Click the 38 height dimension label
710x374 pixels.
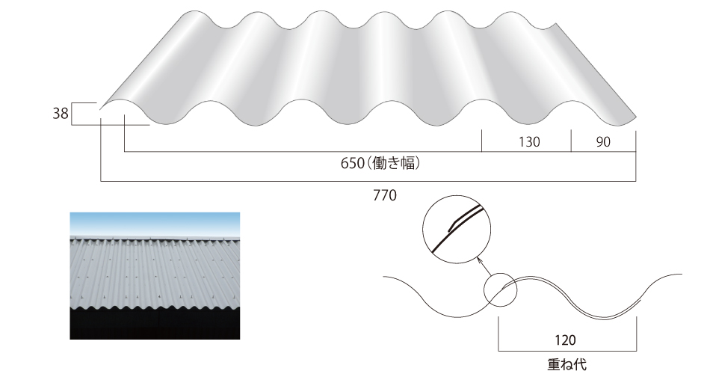[61, 113]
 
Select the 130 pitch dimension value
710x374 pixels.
[529, 142]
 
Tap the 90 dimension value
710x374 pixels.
[603, 142]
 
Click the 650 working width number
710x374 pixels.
[352, 163]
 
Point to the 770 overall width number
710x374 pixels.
[385, 195]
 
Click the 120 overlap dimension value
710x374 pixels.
[565, 340]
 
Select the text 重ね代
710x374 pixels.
[567, 364]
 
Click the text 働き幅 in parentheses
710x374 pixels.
[393, 163]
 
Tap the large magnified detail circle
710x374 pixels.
[457, 195]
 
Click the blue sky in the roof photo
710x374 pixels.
[155, 224]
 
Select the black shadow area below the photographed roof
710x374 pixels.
[155, 325]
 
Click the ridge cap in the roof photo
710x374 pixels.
[155, 238]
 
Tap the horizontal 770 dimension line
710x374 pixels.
[368, 181]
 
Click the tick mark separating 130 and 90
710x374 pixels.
[571, 141]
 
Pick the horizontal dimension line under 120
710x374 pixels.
[567, 351]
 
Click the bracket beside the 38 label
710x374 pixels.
[72, 114]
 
